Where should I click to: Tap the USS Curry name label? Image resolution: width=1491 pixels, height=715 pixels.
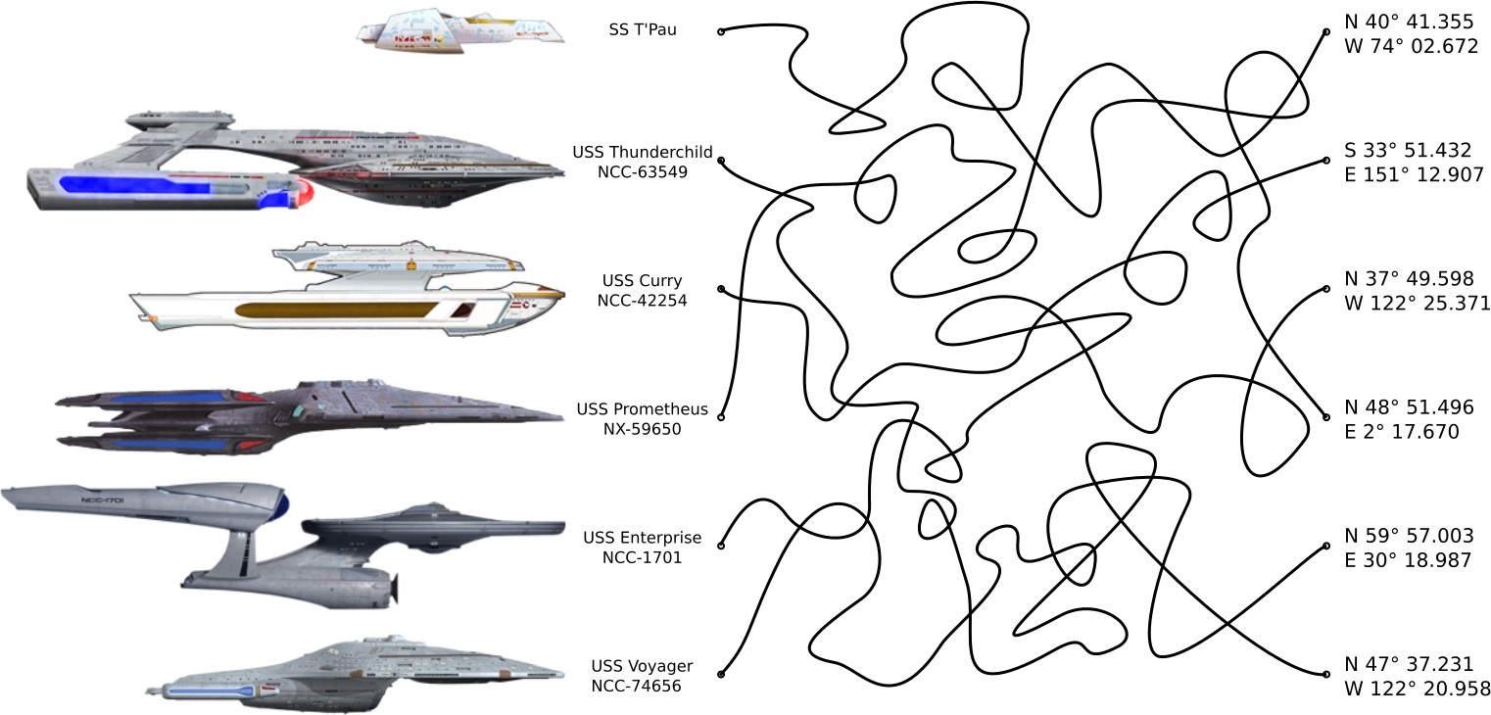point(642,281)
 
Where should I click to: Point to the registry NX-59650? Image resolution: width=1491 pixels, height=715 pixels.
point(642,428)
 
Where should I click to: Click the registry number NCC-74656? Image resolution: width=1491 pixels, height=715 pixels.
point(636,686)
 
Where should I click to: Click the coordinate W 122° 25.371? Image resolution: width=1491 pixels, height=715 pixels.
point(1418,304)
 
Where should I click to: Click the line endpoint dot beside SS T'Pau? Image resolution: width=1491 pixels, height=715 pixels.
point(721,31)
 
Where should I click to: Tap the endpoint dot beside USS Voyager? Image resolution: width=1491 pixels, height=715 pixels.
point(721,675)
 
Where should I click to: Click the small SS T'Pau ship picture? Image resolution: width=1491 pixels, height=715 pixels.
point(460,29)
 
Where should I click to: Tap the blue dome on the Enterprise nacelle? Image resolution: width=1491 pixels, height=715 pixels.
point(282,505)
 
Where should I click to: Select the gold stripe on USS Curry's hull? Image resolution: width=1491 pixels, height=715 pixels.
point(333,310)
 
